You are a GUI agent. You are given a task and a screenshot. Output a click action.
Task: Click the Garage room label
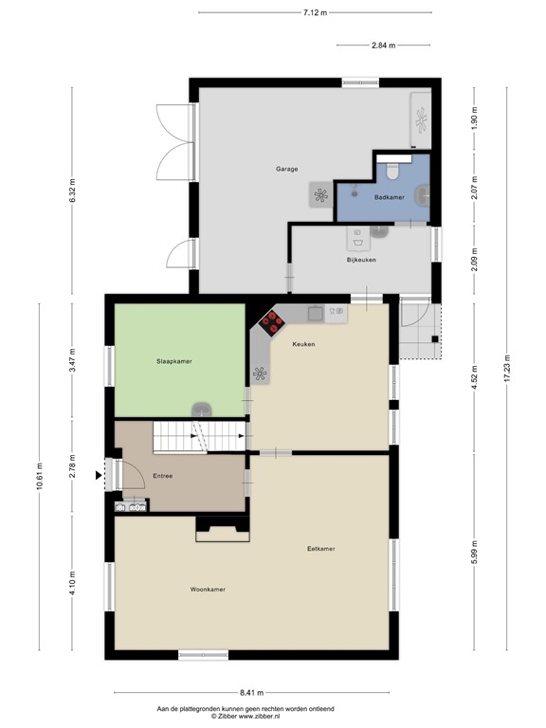(x=287, y=169)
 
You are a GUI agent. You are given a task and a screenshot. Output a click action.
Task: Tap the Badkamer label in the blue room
(x=389, y=197)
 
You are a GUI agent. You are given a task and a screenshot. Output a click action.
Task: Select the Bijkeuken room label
(x=361, y=260)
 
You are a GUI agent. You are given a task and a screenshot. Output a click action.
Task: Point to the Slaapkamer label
(x=174, y=361)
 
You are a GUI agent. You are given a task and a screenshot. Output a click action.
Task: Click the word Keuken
(x=303, y=344)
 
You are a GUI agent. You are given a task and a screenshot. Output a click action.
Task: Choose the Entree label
(x=162, y=476)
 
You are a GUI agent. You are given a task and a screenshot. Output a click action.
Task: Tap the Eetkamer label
(x=320, y=548)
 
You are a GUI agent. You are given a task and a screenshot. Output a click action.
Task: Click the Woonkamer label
(x=208, y=590)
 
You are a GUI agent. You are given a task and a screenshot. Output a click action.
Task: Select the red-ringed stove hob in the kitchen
(x=272, y=322)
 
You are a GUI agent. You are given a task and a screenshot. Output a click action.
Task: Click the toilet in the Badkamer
(x=392, y=173)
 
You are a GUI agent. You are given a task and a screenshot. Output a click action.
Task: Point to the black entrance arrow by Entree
(x=99, y=475)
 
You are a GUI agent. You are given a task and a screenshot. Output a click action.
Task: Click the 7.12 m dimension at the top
(x=316, y=12)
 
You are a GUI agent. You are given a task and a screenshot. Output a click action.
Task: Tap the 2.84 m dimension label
(x=384, y=45)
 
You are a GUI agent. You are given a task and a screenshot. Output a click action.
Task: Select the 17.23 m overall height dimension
(x=507, y=368)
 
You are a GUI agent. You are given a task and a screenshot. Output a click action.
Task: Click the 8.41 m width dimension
(x=251, y=693)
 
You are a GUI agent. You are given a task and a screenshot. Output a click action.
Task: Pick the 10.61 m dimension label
(x=39, y=476)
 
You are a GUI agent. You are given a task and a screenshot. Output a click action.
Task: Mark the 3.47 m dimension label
(x=72, y=360)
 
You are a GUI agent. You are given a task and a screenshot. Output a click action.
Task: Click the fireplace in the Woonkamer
(x=223, y=529)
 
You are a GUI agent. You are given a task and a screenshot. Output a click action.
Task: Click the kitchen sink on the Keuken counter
(x=317, y=314)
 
